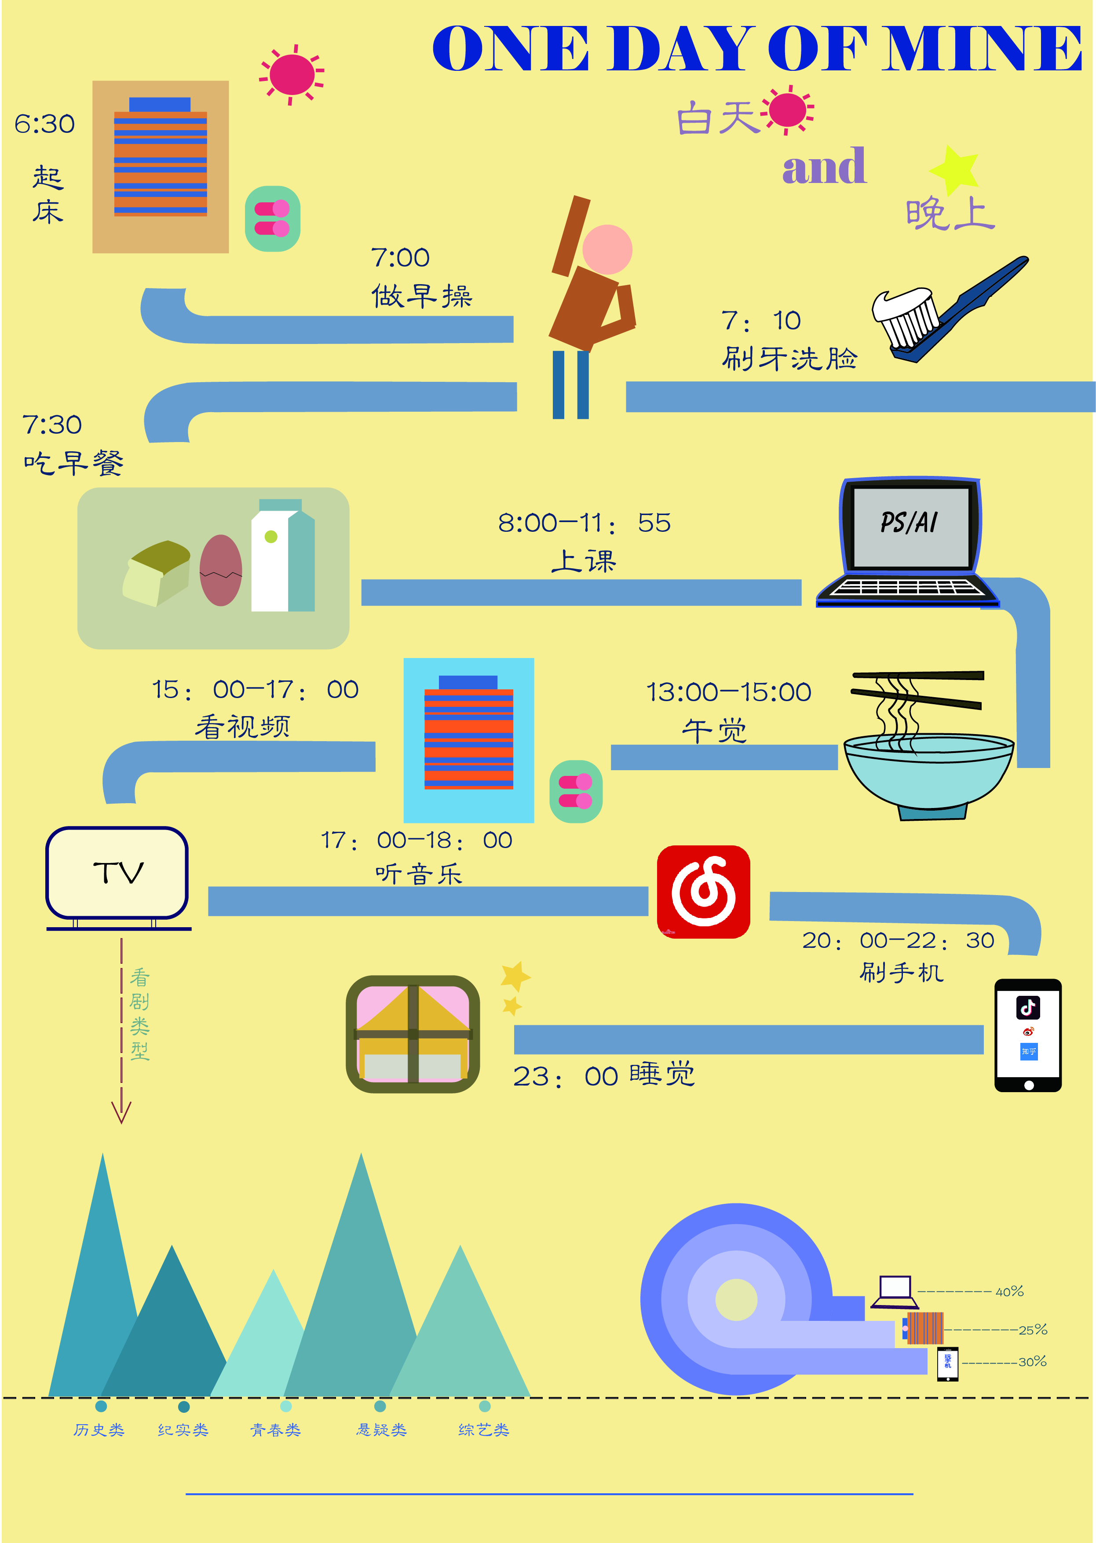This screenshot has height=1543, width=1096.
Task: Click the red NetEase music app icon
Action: pyautogui.click(x=703, y=892)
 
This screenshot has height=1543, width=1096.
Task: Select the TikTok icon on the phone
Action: pyautogui.click(x=1028, y=1008)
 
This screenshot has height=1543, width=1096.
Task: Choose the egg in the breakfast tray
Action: pyautogui.click(x=221, y=570)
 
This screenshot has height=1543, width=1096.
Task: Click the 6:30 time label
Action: pyautogui.click(x=44, y=124)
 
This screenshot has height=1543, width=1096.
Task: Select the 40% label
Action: pyautogui.click(x=1010, y=1292)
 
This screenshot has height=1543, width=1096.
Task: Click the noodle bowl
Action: pyautogui.click(x=928, y=773)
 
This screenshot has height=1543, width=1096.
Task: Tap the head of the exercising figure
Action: pyautogui.click(x=607, y=249)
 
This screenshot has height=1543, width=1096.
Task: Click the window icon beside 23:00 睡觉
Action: pyautogui.click(x=413, y=1034)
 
